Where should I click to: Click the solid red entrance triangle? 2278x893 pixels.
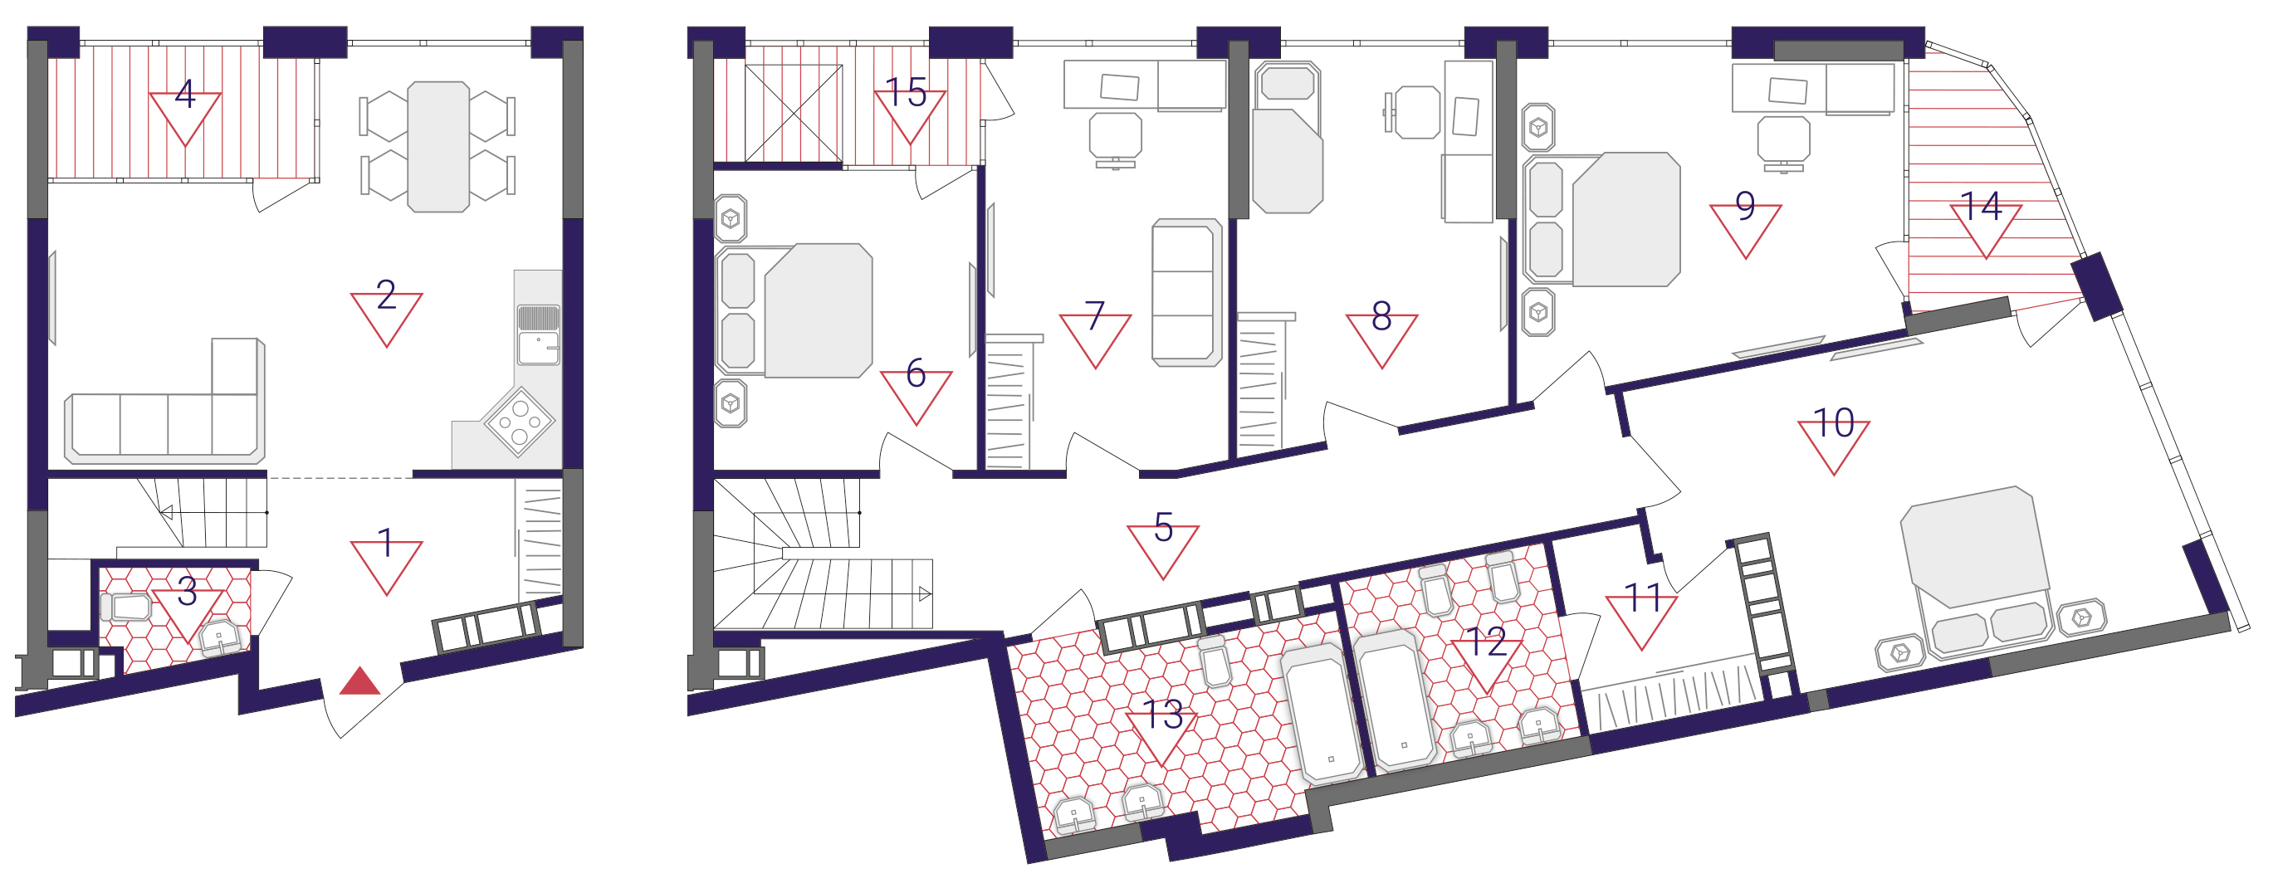[360, 681]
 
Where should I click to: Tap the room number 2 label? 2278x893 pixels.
[385, 295]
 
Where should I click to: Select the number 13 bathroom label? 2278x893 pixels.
[1162, 715]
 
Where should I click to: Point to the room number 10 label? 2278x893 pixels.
[1833, 422]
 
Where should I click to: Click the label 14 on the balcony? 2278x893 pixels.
[1981, 206]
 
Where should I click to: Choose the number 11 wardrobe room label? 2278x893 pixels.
[1643, 598]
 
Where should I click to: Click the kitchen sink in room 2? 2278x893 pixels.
[538, 335]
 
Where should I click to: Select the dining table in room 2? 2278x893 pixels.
[438, 147]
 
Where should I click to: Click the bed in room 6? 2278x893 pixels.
[795, 311]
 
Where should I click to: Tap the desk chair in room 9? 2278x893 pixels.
[1782, 144]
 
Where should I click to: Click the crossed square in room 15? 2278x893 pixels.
[794, 114]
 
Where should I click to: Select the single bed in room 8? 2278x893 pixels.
[1288, 138]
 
